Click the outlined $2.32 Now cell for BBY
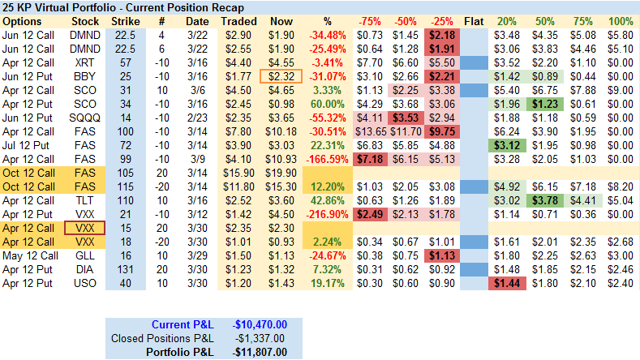pos(279,75)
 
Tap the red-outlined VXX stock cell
pos(85,228)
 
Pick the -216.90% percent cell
pos(324,214)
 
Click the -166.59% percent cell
pos(324,159)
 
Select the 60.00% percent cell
pos(324,103)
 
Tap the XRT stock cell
pos(85,62)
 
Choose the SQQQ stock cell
pos(85,117)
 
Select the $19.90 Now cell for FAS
pos(279,173)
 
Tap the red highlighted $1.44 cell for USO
pos(506,283)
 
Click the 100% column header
pos(620,20)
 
